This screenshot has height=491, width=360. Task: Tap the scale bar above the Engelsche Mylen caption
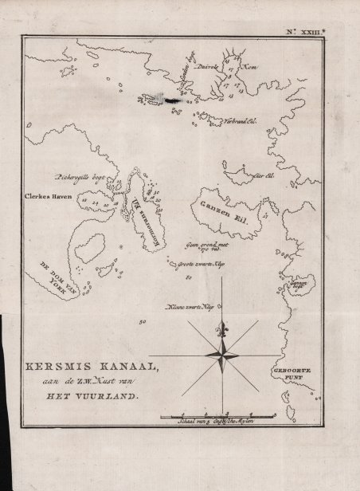[216, 415]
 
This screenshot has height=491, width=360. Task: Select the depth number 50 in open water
[143, 323]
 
